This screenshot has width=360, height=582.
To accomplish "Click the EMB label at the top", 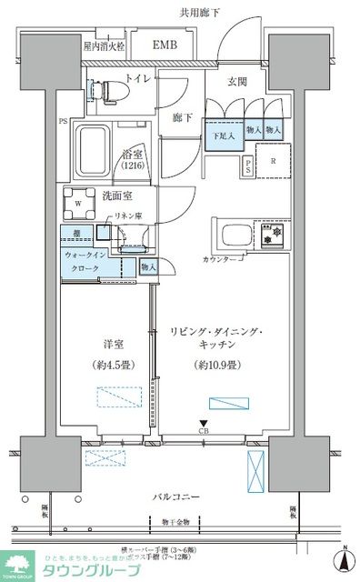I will coord(165,44).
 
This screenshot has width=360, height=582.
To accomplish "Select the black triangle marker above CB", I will coord(205,421).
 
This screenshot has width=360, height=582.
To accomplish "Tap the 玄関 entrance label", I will coord(239,79).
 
